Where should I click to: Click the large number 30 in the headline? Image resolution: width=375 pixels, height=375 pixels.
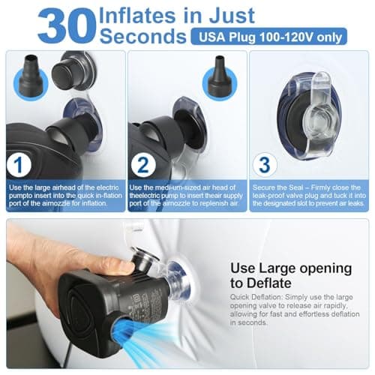[x=67, y=26]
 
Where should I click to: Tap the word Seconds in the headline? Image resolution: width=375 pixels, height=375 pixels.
[x=143, y=36]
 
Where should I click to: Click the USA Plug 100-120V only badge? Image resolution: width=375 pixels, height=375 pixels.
[x=269, y=37]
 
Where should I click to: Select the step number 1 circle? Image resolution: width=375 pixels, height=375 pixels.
[x=19, y=165]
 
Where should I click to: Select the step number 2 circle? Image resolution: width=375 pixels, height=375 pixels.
[x=143, y=165]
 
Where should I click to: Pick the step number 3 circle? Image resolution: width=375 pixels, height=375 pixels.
[x=265, y=165]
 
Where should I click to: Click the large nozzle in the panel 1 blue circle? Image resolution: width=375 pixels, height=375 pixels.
[x=31, y=76]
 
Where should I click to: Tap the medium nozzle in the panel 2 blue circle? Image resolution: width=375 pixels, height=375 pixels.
[x=220, y=76]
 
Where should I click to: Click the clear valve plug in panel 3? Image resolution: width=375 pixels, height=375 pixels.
[x=320, y=118]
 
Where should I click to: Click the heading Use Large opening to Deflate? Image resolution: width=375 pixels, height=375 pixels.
[x=291, y=275]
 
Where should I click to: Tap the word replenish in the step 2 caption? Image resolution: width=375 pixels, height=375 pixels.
[x=213, y=203]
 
